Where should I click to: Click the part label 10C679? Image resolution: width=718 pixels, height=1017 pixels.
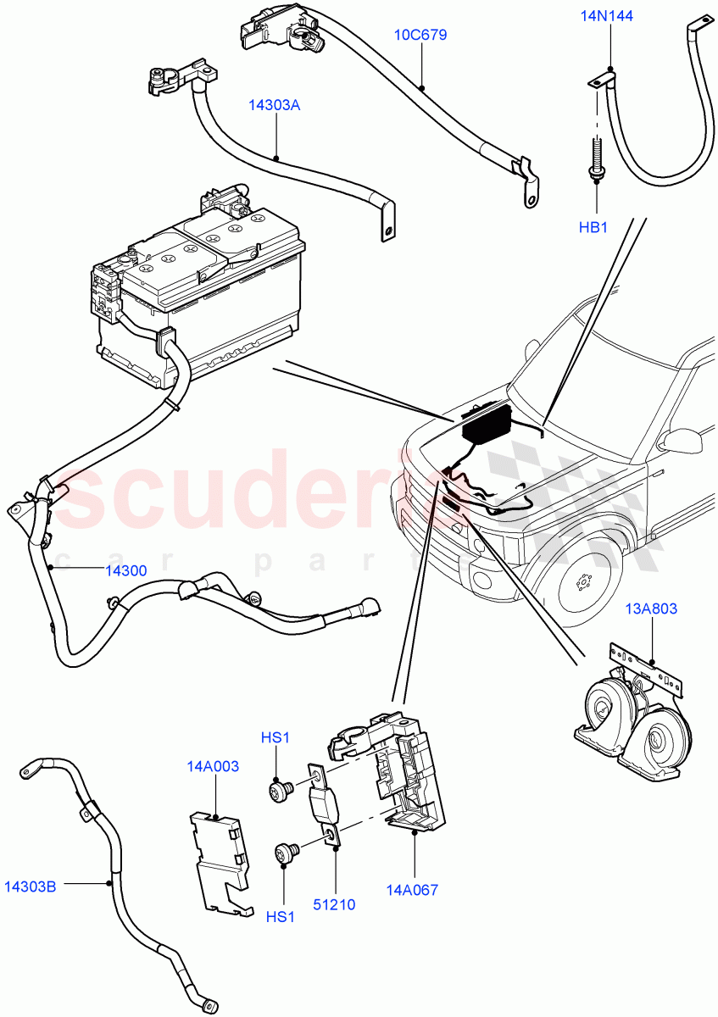(420, 36)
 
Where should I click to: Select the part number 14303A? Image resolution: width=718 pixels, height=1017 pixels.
(275, 106)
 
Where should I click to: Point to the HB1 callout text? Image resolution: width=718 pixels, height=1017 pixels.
(594, 227)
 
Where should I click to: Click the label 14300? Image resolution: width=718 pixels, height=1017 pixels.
(125, 570)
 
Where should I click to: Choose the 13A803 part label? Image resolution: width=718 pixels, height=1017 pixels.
(652, 609)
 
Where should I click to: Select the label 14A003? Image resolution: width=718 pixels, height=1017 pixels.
(213, 766)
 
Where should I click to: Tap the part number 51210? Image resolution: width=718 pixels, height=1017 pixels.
(334, 904)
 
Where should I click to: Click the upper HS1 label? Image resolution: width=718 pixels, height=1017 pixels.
(276, 738)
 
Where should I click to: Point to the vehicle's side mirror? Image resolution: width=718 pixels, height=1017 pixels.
(682, 442)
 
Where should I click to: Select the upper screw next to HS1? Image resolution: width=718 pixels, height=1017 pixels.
(279, 790)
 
